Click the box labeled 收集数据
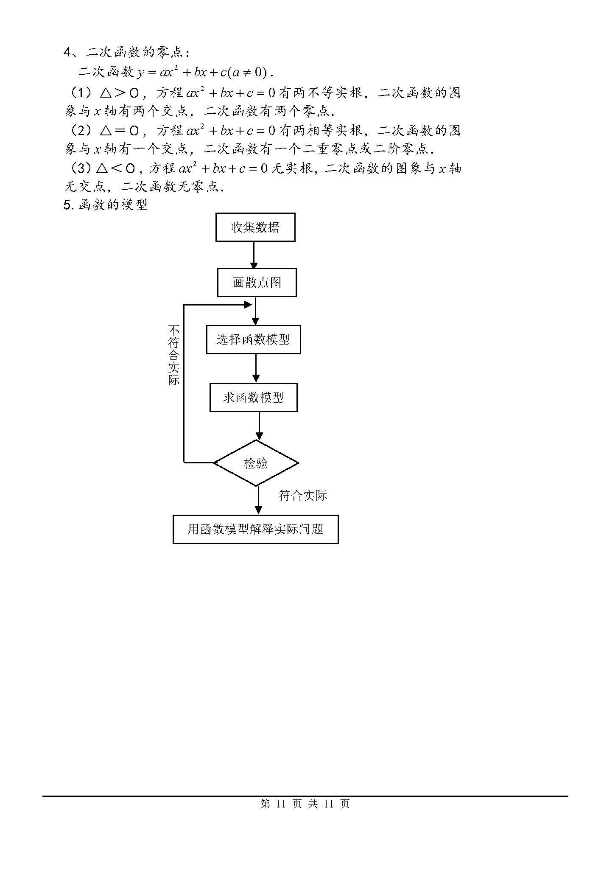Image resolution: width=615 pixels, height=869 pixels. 255,227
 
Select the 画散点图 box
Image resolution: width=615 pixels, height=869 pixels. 257,282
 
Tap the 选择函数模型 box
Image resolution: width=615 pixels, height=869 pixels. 253,339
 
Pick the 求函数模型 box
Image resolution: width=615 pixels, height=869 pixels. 253,398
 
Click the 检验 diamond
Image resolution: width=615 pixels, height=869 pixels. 256,463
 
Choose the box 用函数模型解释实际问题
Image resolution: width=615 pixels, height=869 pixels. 255,529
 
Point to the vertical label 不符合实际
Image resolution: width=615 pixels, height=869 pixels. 174,355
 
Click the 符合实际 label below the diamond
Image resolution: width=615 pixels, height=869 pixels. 302,496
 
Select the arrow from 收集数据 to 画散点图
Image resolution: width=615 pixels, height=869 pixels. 254,255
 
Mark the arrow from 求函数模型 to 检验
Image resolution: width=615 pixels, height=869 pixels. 259,426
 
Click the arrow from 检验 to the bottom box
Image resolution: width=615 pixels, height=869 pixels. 258,501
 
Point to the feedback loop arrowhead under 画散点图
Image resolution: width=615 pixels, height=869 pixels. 249,305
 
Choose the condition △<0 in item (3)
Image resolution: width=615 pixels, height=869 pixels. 115,168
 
